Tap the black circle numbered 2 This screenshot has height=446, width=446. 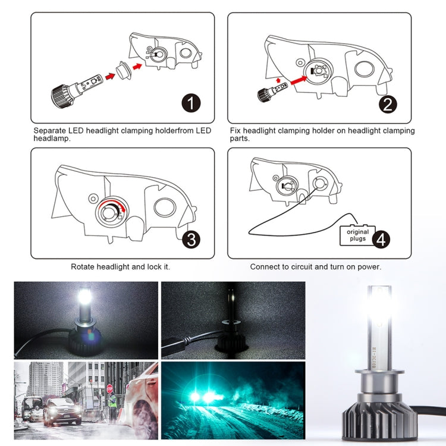point(388,105)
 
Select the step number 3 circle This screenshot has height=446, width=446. point(191,240)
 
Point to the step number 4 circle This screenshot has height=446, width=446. point(381,239)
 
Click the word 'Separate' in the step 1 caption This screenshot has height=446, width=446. point(50,130)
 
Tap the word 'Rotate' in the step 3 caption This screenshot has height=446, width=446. point(83,267)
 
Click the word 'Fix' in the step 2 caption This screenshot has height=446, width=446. point(235,130)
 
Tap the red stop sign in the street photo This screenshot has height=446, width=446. point(109,388)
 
